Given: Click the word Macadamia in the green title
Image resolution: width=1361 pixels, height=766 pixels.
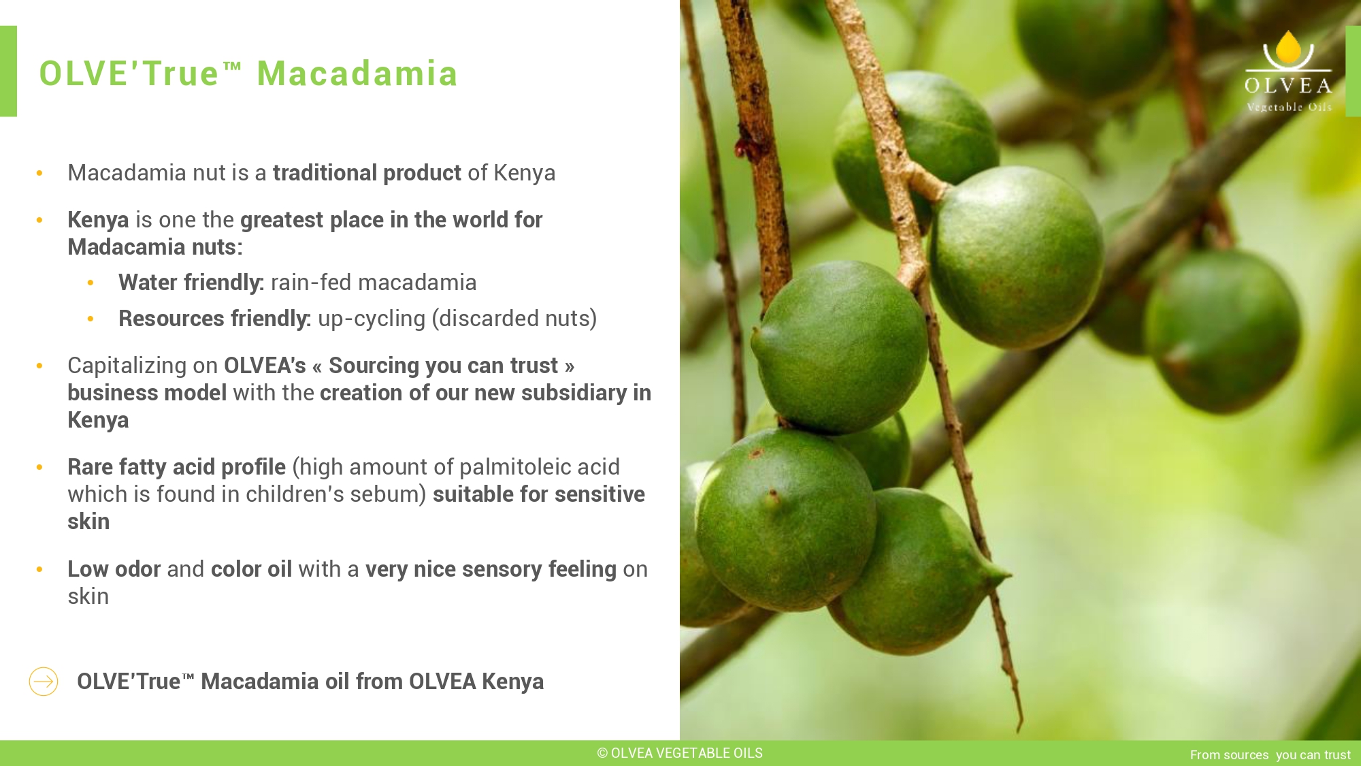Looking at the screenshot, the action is point(357,74).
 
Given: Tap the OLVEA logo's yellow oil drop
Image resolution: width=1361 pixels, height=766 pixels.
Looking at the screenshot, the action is point(1288,48).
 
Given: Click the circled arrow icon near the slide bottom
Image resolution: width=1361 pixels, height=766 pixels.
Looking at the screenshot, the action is point(44,682).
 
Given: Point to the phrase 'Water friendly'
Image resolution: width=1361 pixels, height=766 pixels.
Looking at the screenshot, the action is point(191,283).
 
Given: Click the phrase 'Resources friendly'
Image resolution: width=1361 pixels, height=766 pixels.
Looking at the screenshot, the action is point(214,319).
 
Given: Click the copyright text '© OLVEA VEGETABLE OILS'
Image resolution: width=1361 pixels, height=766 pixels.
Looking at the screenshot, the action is point(680,753).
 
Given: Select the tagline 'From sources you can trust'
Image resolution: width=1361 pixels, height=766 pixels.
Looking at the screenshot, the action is point(1270,754).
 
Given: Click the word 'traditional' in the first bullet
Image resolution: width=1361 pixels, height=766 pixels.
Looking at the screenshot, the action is point(325,173).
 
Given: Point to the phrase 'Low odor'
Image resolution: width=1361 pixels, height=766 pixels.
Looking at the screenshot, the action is point(114,569).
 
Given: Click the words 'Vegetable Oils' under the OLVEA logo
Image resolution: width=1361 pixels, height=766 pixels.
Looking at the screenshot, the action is point(1289,107).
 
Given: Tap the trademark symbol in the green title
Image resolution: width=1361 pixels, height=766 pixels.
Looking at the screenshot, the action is point(232,66).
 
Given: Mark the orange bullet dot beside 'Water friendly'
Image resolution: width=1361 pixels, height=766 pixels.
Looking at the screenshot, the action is point(91,283).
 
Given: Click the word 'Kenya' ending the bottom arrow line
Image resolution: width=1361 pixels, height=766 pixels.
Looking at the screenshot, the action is point(513,682).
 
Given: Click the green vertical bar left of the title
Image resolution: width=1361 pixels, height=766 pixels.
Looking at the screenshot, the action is point(8,71).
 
